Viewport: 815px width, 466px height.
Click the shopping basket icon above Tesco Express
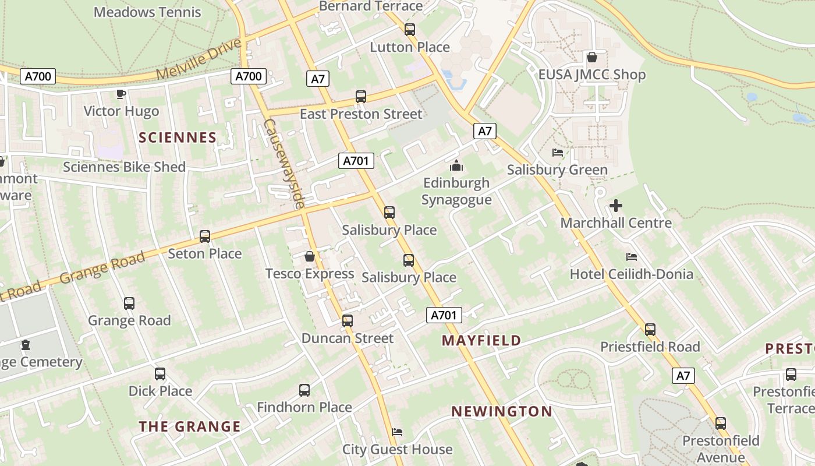(310, 256)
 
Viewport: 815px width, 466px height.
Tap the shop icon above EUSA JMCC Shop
(592, 57)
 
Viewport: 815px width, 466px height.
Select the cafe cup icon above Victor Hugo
(121, 94)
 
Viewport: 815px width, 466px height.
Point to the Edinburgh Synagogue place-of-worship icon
(456, 165)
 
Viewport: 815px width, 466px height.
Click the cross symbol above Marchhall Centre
(616, 206)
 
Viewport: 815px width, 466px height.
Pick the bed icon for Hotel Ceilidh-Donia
(632, 257)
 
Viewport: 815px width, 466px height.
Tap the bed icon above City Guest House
(397, 432)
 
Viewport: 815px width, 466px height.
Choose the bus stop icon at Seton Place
(205, 236)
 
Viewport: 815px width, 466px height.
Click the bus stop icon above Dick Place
(160, 374)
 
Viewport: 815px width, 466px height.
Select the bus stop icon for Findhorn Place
(304, 390)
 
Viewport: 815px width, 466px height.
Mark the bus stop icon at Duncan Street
(348, 321)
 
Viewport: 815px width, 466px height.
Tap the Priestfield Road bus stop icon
(650, 330)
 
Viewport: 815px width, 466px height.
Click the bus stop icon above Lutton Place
(410, 30)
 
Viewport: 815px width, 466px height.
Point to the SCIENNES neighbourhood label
(178, 137)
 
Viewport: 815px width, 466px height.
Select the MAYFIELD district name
(481, 340)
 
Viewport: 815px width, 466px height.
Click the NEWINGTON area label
(502, 411)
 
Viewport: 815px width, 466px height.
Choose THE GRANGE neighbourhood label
(190, 426)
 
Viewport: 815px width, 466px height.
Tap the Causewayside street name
(284, 164)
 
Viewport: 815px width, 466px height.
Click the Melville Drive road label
(199, 60)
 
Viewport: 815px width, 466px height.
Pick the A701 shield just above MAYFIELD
(444, 316)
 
